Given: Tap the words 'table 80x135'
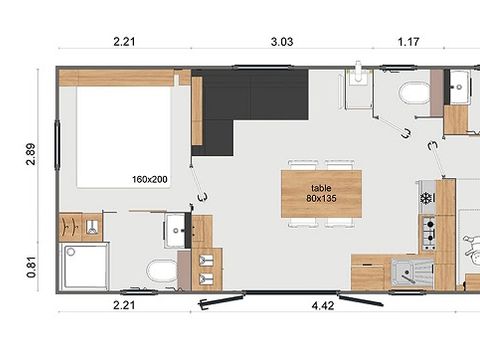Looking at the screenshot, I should click(x=320, y=193).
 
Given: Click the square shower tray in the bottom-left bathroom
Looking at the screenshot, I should click(x=82, y=265).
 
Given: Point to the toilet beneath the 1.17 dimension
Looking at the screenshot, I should click(x=412, y=95).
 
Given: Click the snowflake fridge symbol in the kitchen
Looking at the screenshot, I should click(x=427, y=197).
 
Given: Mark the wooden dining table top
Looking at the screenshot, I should click(x=320, y=193).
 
